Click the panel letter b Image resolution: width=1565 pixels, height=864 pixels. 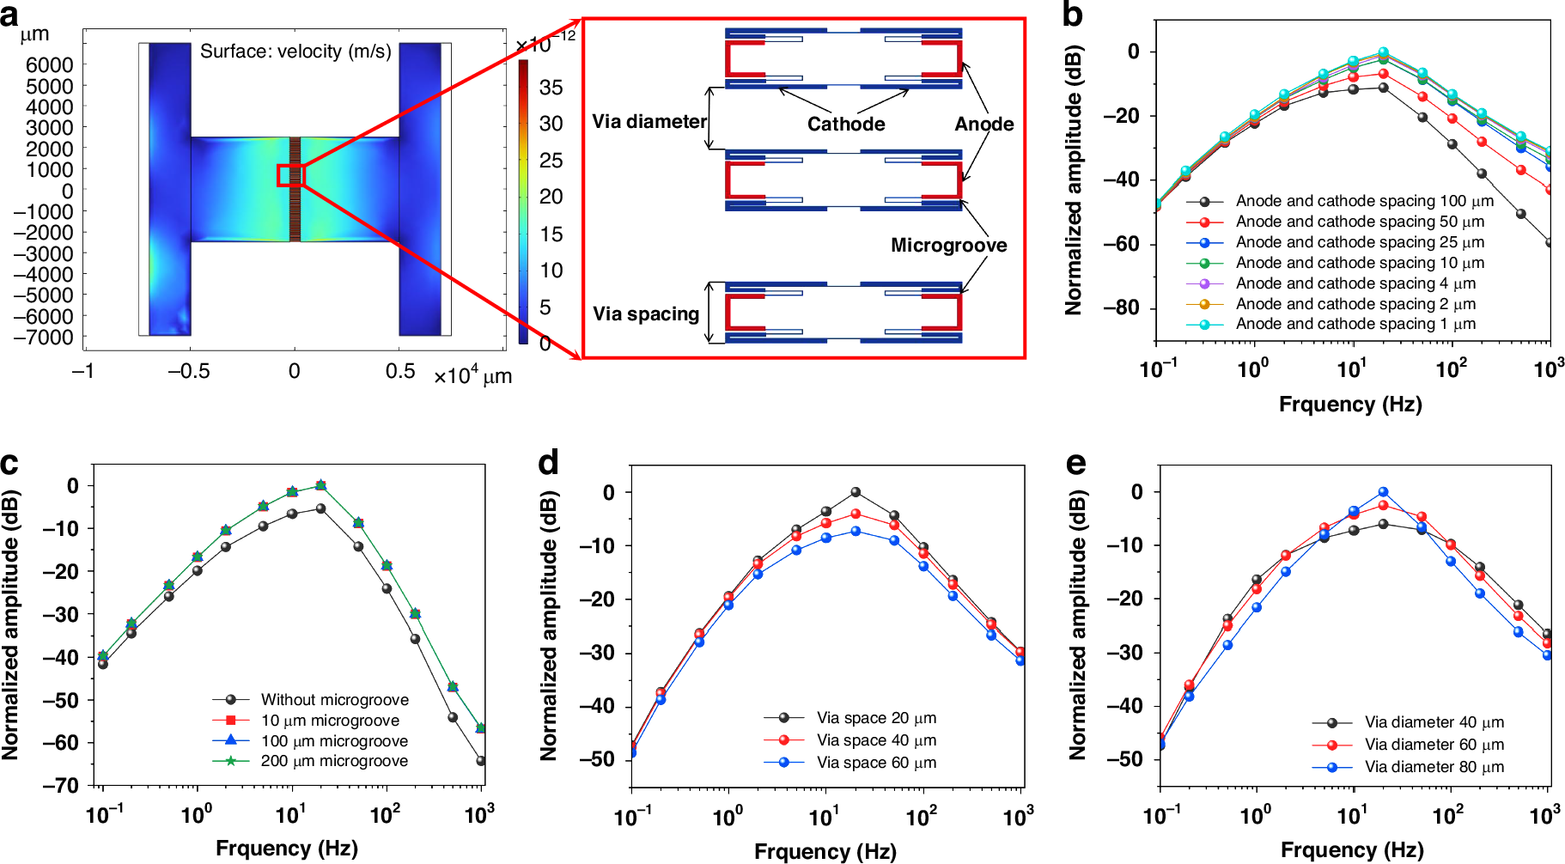(1072, 15)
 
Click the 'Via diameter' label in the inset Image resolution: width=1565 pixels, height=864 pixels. (649, 122)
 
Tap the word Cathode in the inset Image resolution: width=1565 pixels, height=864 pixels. (845, 124)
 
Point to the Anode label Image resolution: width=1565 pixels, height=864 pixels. (983, 124)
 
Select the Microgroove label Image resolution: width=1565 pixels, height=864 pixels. (948, 246)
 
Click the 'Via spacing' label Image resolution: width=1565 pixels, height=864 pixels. (646, 314)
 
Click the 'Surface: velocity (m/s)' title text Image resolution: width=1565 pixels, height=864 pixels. (295, 52)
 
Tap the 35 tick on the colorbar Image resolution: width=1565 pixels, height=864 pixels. (551, 88)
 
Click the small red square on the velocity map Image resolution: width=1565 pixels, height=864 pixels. (290, 175)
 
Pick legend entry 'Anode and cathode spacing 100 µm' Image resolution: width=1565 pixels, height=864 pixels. (1364, 201)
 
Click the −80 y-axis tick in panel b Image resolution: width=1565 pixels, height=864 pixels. (1121, 307)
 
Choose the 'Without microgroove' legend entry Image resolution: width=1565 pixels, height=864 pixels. (334, 700)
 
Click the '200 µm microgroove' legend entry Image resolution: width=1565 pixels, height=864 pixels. (334, 761)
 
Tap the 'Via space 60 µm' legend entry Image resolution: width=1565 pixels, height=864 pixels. (876, 763)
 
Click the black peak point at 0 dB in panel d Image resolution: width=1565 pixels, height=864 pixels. (856, 492)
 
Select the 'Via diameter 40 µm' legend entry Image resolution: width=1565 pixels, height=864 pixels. (1434, 722)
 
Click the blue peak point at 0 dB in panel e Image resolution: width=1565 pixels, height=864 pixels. (1383, 492)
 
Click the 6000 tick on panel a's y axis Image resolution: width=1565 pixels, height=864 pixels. (49, 65)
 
